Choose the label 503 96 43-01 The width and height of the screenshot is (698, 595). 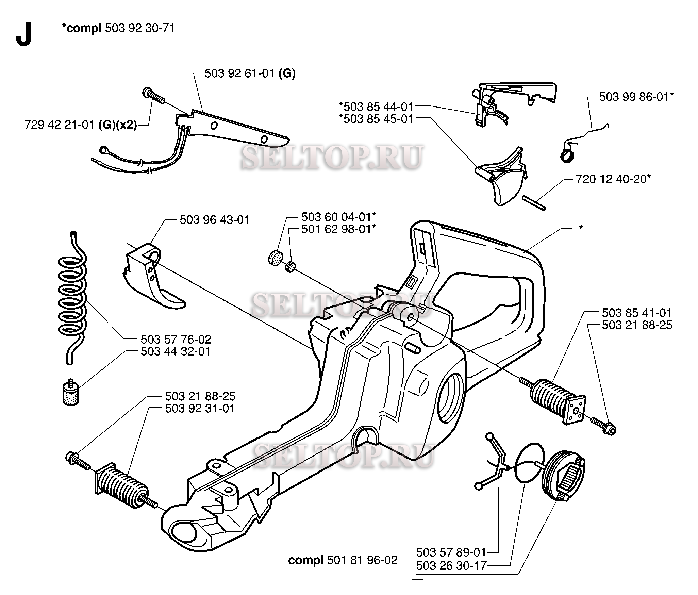[215, 220]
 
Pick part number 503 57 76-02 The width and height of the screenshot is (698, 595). [176, 339]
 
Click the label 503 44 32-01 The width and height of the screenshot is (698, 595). [176, 351]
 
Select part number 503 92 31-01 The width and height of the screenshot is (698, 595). [200, 408]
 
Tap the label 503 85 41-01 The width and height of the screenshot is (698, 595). [637, 313]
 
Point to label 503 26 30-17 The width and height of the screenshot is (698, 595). [451, 566]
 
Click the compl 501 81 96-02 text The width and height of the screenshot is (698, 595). [343, 560]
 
